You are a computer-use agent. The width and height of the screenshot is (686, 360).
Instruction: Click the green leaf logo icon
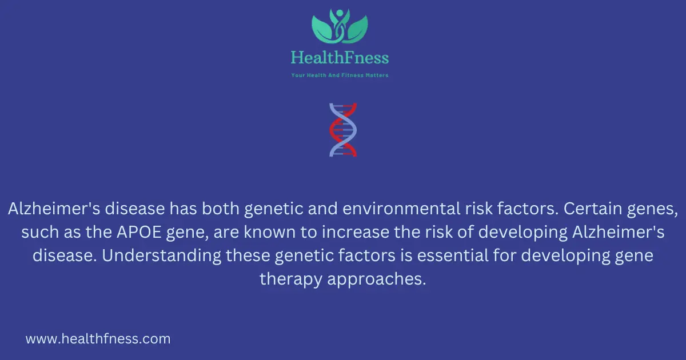[x=340, y=26]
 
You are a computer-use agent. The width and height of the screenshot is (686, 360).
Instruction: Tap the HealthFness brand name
[x=340, y=58]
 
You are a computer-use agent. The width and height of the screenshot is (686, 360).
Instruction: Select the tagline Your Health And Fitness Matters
[x=340, y=75]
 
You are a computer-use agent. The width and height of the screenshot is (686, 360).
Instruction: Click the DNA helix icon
[x=343, y=130]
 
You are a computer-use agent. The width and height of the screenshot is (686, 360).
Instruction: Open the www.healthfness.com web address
[x=98, y=339]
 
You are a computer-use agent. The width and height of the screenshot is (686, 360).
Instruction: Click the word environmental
[x=401, y=209]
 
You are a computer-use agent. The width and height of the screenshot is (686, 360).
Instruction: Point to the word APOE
[x=139, y=232]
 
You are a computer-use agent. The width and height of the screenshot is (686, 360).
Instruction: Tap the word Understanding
[x=161, y=255]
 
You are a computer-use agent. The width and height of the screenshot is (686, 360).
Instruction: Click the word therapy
[x=291, y=279]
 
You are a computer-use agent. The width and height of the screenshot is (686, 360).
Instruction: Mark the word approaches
[x=377, y=279]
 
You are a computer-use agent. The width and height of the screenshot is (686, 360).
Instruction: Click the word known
[x=269, y=232]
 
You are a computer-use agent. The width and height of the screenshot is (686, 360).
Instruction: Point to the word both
[x=221, y=209]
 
